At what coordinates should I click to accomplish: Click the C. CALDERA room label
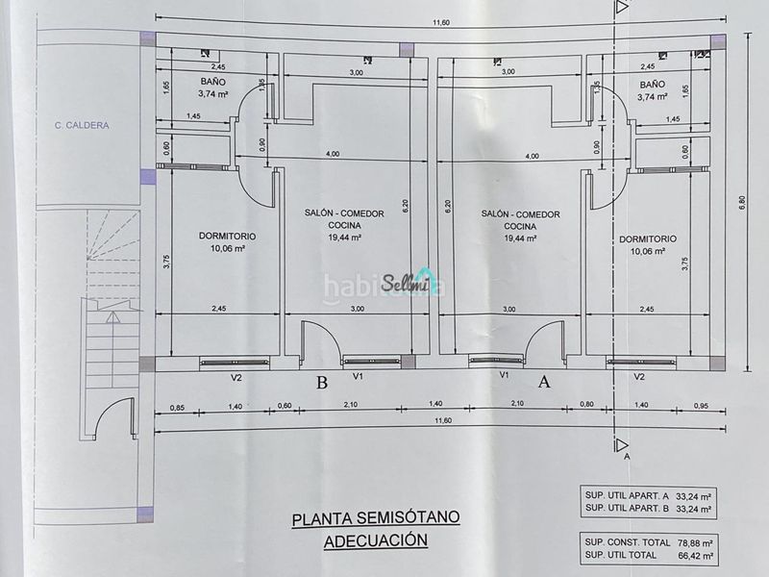point(82,126)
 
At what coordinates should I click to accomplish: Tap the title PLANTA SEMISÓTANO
point(376,518)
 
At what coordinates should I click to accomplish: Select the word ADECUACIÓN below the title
point(376,540)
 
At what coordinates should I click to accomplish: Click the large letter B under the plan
point(322,382)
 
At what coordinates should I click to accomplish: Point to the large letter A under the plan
point(544,381)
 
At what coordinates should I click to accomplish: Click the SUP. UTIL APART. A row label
point(627,495)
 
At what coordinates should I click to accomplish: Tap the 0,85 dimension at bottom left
point(177,407)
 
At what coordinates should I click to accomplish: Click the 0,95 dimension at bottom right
point(702,406)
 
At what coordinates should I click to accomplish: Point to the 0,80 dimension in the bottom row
point(586,405)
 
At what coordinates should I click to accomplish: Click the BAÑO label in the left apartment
point(212,82)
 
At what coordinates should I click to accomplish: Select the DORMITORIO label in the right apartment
point(647,239)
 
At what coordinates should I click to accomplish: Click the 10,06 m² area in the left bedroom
point(228,248)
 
